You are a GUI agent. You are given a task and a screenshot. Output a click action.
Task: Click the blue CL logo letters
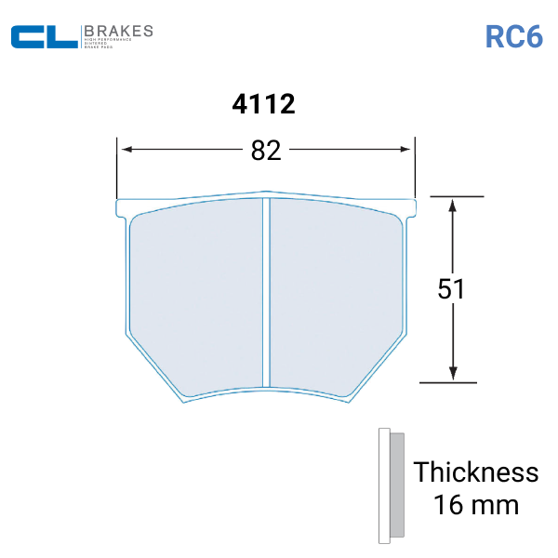click(x=44, y=37)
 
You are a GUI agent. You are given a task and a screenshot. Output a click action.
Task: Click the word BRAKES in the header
click(x=118, y=31)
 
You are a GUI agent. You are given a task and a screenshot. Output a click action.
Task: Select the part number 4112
click(x=263, y=104)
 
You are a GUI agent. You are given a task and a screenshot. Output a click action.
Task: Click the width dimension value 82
click(x=266, y=150)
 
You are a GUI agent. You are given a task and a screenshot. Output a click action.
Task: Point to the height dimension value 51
click(x=452, y=289)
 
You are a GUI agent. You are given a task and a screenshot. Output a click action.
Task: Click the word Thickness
click(x=476, y=472)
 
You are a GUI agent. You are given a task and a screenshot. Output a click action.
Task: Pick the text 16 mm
click(x=476, y=506)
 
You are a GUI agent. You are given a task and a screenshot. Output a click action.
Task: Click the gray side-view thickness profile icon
click(x=392, y=485)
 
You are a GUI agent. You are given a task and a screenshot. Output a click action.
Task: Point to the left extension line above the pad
click(x=117, y=167)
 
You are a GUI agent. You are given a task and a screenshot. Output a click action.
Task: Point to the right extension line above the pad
click(x=415, y=167)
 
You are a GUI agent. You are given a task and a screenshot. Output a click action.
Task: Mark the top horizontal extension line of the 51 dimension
click(x=452, y=196)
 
